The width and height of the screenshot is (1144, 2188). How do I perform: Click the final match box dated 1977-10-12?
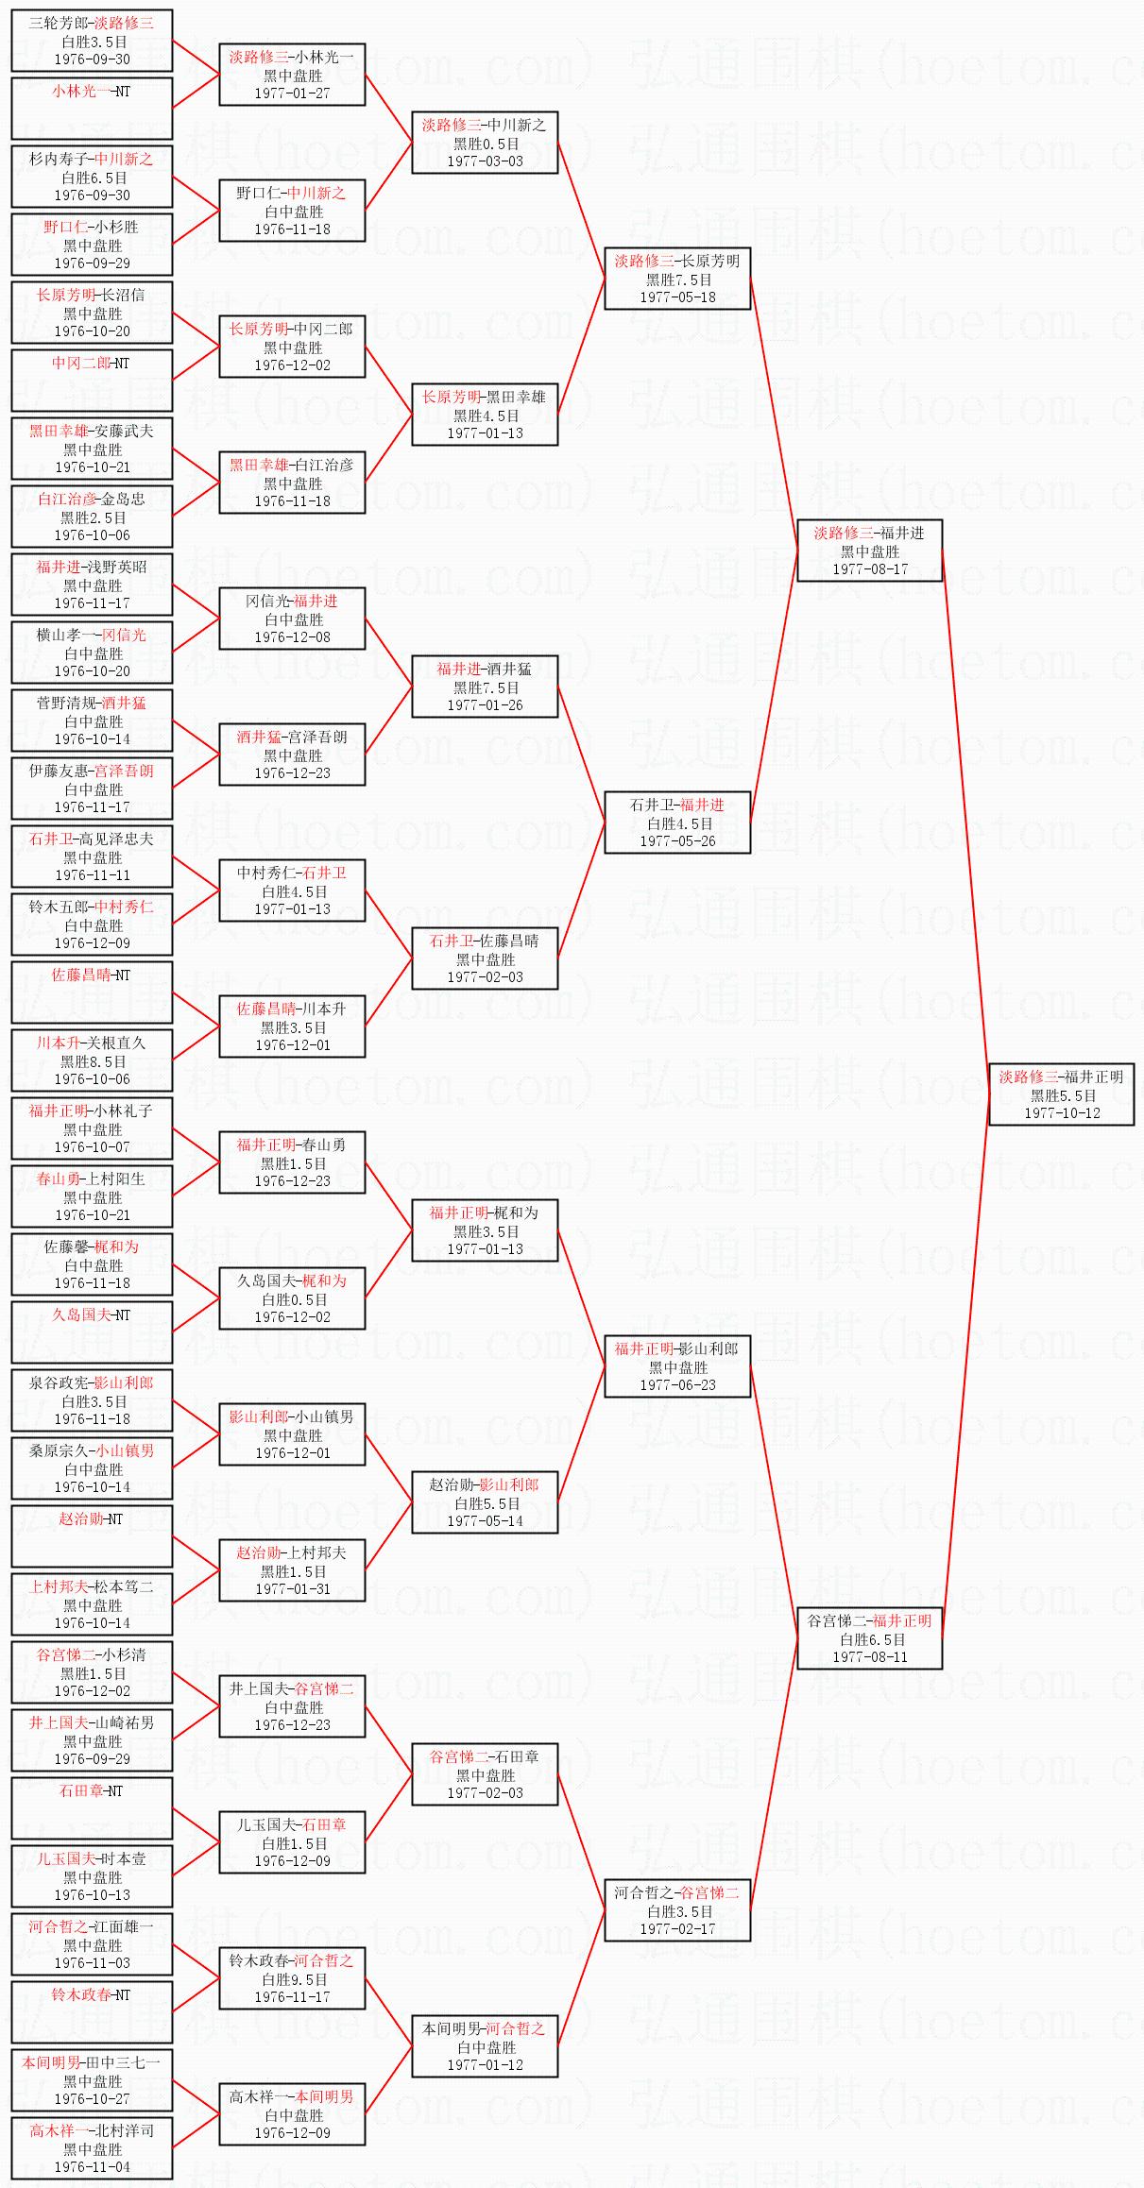tap(1061, 1094)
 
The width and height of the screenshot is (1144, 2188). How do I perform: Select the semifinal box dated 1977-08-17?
tap(869, 551)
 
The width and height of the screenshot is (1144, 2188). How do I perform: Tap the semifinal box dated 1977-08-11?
tap(869, 1638)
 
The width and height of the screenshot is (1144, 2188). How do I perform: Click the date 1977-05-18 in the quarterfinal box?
tap(677, 297)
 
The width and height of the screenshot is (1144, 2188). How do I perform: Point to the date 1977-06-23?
tap(677, 1385)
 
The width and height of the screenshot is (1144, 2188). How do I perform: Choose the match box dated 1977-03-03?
tap(485, 143)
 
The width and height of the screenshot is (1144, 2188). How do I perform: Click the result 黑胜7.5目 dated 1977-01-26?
tap(485, 687)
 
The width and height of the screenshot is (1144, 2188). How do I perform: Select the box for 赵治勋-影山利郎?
tap(485, 1502)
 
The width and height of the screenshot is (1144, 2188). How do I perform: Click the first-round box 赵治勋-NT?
tap(92, 1536)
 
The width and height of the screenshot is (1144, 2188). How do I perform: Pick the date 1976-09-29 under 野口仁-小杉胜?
tap(92, 263)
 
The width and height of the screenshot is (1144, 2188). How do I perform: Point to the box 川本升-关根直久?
tap(92, 1060)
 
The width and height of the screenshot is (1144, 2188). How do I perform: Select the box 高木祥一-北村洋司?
tap(92, 2148)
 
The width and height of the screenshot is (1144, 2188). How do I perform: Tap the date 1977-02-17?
tap(677, 1929)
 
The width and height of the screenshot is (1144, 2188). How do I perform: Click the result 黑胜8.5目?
tap(92, 1061)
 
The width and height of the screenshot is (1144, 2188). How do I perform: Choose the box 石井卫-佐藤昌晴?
tap(485, 958)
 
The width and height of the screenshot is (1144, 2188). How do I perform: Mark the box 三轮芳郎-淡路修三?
tap(92, 41)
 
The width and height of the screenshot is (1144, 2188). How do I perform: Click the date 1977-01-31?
tap(292, 1589)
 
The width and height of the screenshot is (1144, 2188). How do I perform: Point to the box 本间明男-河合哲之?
tap(485, 2046)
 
